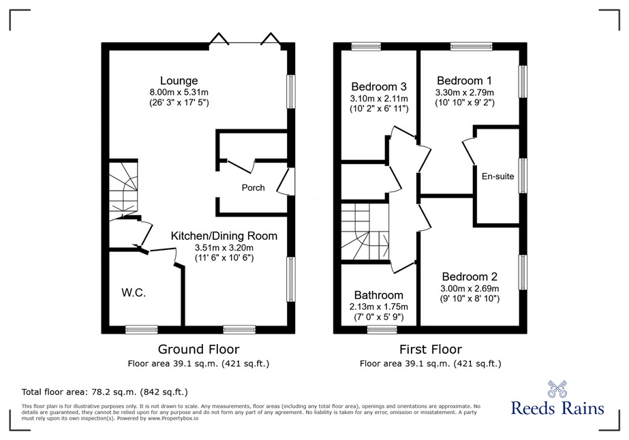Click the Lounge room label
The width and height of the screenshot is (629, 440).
pos(179,80)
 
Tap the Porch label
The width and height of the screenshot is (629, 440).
pos(253,188)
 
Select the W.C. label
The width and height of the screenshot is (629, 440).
pos(134,293)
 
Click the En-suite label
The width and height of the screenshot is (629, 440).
pos(498,176)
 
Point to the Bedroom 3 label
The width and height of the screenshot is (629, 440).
pos(379,87)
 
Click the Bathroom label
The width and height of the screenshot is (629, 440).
pos(379,295)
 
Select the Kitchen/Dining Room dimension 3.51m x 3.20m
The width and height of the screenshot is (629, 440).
pos(224,247)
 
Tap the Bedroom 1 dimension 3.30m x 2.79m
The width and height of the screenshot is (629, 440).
pos(465,93)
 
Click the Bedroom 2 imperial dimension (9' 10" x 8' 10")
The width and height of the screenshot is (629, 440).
pos(470,298)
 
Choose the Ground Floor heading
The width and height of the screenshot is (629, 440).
pos(198,349)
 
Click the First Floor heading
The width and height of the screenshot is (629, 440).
pos(431,349)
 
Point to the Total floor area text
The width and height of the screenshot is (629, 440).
pos(105,392)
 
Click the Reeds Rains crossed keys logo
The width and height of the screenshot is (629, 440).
pos(557,389)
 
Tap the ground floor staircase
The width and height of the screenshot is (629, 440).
pos(123,189)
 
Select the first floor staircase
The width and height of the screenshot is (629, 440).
pos(365,232)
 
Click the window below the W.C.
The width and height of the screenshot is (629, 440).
pos(142,330)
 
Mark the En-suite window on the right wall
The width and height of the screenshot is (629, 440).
pos(523,176)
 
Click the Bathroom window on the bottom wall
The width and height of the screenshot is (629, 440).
pos(382,330)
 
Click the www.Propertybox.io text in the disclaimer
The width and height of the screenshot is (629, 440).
pos(173,418)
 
